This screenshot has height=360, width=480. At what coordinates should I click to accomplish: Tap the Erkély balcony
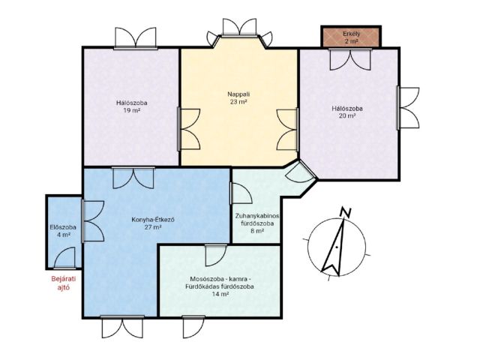pos(351,37)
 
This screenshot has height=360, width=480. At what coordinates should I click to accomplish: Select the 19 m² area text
pos(132,110)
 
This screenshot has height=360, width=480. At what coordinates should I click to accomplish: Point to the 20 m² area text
pos(347,115)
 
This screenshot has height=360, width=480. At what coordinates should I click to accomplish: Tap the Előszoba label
pos(63,227)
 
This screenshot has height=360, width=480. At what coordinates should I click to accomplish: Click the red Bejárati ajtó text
pos(64,283)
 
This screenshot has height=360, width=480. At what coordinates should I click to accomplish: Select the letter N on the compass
pos(346,212)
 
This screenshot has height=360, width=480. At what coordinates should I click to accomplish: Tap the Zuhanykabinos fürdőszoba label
pos(257,220)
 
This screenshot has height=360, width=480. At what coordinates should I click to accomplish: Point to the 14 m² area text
pos(220,294)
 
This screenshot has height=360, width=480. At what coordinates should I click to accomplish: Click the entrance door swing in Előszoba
pos(64,258)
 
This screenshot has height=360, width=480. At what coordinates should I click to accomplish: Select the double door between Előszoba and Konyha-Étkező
pos(93,221)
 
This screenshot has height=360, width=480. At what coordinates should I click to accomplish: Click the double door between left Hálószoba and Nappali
pos(189,129)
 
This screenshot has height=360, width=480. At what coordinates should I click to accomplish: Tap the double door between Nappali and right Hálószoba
pos(287,130)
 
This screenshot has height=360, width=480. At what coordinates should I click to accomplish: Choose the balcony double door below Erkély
pos(350,59)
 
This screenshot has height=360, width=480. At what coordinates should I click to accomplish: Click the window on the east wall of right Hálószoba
pos(408,108)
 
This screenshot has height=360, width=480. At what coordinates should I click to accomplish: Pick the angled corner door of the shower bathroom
pos(301,172)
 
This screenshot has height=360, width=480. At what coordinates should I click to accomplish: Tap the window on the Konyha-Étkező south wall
pos(122,327)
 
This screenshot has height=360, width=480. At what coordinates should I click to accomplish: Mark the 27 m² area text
pos(153,227)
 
